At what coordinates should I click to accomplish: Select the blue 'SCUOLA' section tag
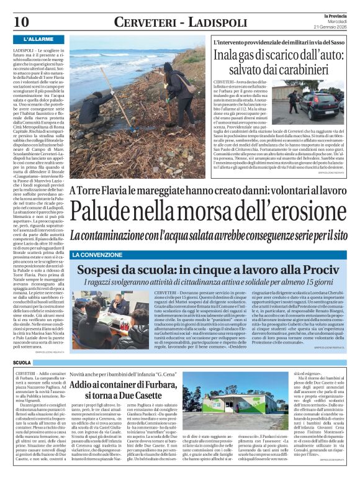pyautogui.click(x=22, y=362)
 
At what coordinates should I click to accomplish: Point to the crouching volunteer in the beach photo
pyautogui.click(x=89, y=81)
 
